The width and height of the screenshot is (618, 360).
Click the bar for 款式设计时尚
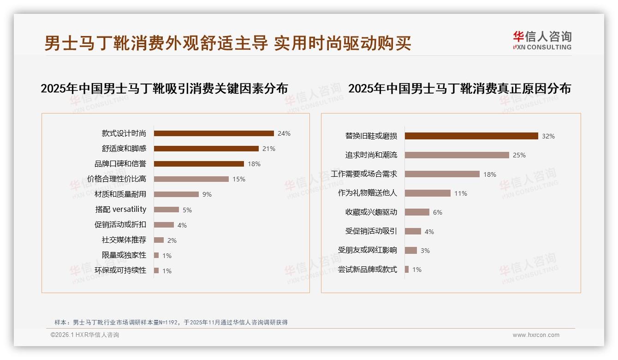pos(214,133)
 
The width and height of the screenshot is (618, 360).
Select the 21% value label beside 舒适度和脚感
pos(268,149)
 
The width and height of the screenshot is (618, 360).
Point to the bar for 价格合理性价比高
pos(191,179)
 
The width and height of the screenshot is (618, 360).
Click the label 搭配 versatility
pos(121,210)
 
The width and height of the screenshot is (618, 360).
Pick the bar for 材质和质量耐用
pos(176,194)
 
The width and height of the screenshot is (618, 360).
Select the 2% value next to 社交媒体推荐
pos(172,240)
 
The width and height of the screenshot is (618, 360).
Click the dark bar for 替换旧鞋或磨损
pos(471,136)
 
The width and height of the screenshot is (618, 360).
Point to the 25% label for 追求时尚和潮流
pos(519,156)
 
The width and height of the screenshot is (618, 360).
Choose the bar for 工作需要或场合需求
pos(442,174)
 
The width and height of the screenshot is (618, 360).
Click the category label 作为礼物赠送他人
pos(367,193)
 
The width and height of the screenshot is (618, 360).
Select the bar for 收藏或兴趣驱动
pos(417,212)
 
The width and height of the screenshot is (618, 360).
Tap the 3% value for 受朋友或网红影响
pos(425,251)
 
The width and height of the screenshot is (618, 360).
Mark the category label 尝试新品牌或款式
pos(367,270)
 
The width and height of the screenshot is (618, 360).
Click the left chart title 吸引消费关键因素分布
pos(164,89)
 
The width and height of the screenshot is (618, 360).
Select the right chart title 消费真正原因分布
pos(459,89)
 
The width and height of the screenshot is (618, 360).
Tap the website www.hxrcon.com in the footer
pos(536,335)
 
